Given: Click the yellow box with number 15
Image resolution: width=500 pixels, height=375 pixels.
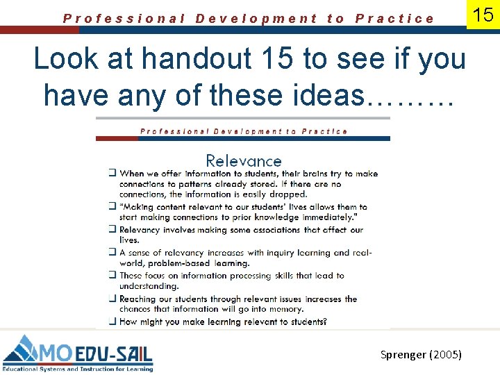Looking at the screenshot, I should click(483, 15).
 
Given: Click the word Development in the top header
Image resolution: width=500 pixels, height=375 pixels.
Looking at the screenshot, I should click(256, 19).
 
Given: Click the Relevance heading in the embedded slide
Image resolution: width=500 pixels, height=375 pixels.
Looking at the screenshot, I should click(243, 161).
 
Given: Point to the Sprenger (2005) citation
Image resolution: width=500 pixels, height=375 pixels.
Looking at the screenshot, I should click(421, 354).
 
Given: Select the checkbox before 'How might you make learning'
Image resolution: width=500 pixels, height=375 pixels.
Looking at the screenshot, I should click(112, 322).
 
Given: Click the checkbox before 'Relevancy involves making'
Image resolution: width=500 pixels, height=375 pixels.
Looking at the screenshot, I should click(112, 230).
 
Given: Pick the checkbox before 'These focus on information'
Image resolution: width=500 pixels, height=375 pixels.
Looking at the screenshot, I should click(112, 276).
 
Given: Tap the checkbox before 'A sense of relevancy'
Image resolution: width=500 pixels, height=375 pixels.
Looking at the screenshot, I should click(112, 253).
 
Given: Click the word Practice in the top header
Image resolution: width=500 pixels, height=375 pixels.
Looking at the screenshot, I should click(394, 19).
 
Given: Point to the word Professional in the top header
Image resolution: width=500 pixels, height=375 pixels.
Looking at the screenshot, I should click(124, 19).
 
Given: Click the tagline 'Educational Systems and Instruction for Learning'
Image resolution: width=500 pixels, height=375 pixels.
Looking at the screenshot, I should click(78, 369).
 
